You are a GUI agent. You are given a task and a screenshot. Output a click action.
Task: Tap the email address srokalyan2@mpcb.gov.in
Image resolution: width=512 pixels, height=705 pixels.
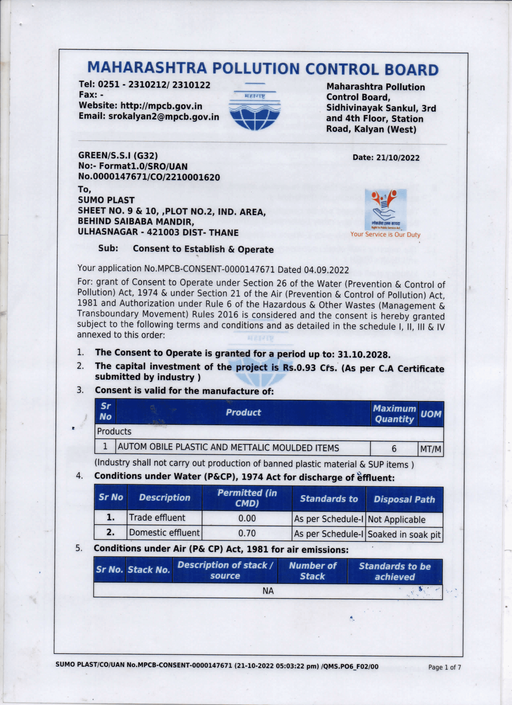pos(164,117)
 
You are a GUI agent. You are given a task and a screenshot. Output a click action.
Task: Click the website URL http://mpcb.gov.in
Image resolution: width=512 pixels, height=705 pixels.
pos(161,106)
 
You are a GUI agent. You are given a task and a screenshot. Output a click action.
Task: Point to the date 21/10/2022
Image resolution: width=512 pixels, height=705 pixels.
pos(398,158)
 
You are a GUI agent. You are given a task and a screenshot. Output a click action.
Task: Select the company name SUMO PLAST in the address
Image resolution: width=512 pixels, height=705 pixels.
pos(106,200)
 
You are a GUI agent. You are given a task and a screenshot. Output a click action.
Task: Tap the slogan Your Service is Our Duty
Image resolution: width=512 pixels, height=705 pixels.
pos(385,235)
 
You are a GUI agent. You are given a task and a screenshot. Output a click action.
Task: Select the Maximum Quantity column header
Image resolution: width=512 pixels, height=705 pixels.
pos(394,414)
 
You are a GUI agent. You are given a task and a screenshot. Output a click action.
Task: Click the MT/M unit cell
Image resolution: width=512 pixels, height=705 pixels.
pos(430,449)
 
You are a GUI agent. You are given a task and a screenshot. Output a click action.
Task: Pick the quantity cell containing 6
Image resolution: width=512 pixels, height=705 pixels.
pos(394,449)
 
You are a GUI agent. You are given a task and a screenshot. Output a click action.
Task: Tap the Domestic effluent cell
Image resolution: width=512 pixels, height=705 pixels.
pos(164,533)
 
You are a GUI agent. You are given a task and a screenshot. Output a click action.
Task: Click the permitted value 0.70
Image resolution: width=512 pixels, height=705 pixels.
pos(247,533)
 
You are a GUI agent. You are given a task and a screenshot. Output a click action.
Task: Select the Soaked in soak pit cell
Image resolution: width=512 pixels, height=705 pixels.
pos(404,535)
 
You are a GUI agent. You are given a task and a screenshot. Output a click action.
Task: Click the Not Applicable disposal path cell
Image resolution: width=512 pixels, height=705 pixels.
pos(396,519)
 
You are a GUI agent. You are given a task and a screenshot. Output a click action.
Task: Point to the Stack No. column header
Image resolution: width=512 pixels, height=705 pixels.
pos(149,570)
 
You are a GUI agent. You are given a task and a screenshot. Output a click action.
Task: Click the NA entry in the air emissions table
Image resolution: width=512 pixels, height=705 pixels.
pos(268,591)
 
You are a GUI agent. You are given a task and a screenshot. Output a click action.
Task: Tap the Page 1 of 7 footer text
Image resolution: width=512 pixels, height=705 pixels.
pos(444,667)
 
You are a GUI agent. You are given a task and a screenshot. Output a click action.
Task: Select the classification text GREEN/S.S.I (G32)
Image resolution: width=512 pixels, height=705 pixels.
pos(118,156)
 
